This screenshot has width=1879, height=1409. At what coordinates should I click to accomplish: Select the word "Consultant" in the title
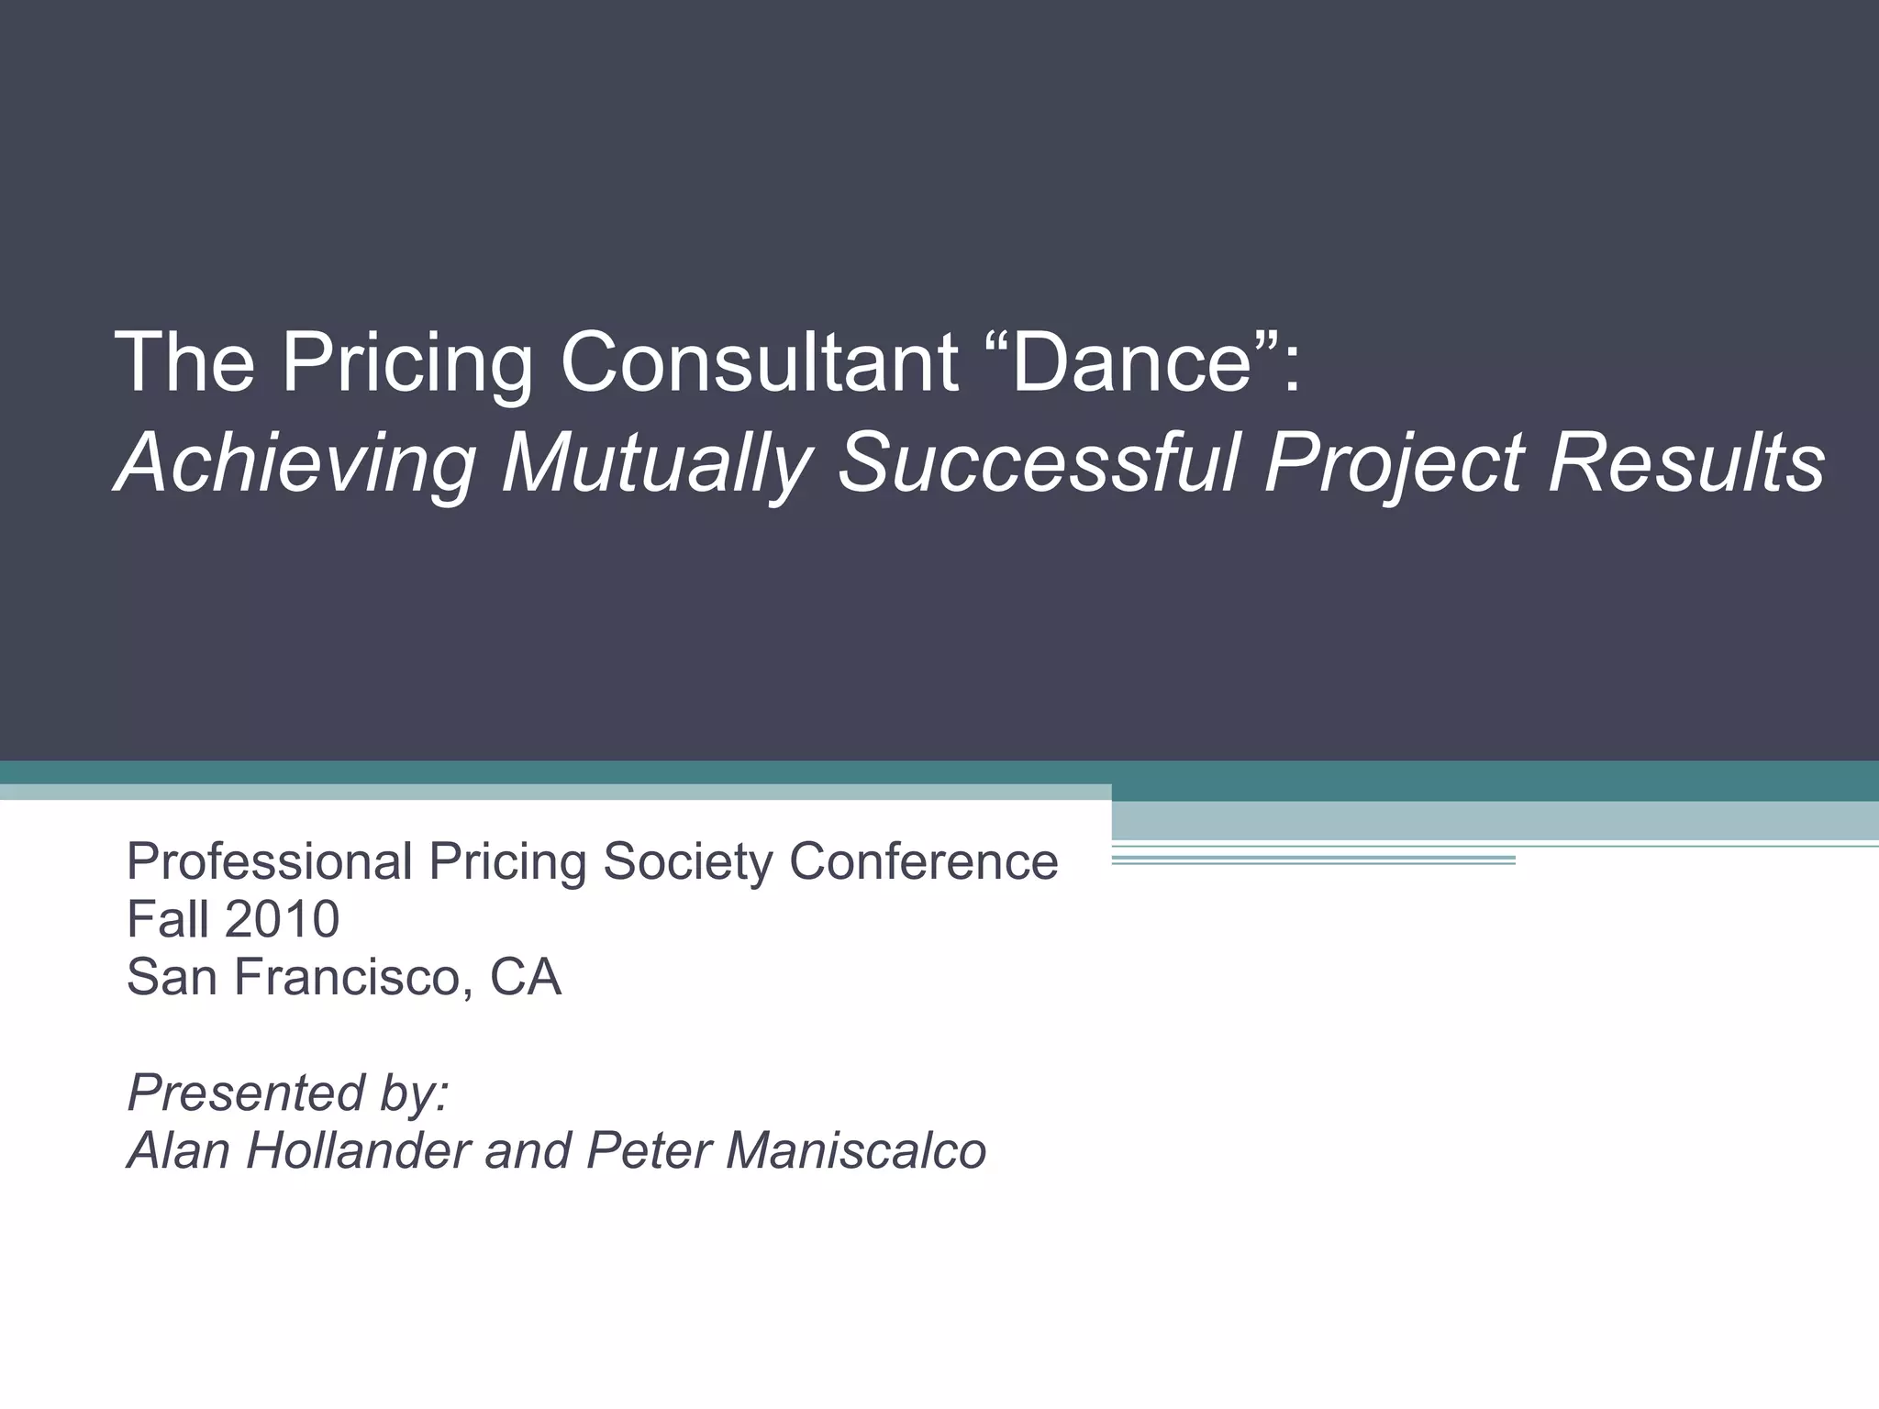click(760, 363)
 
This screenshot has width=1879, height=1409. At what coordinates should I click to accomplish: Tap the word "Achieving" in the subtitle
click(296, 463)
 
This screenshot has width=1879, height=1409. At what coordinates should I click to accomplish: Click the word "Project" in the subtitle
click(1395, 463)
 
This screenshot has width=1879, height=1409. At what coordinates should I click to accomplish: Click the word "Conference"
click(923, 862)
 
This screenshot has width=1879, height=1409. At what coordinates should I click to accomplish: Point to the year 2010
click(281, 919)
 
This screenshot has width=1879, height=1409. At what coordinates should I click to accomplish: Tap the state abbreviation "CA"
click(525, 977)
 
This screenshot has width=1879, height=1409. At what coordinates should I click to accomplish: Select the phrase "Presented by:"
click(288, 1093)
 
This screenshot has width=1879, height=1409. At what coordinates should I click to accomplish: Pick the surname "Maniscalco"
click(855, 1150)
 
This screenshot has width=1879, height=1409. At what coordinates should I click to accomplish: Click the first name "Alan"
click(180, 1150)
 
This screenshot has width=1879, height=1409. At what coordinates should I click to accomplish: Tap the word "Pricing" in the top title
click(407, 363)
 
